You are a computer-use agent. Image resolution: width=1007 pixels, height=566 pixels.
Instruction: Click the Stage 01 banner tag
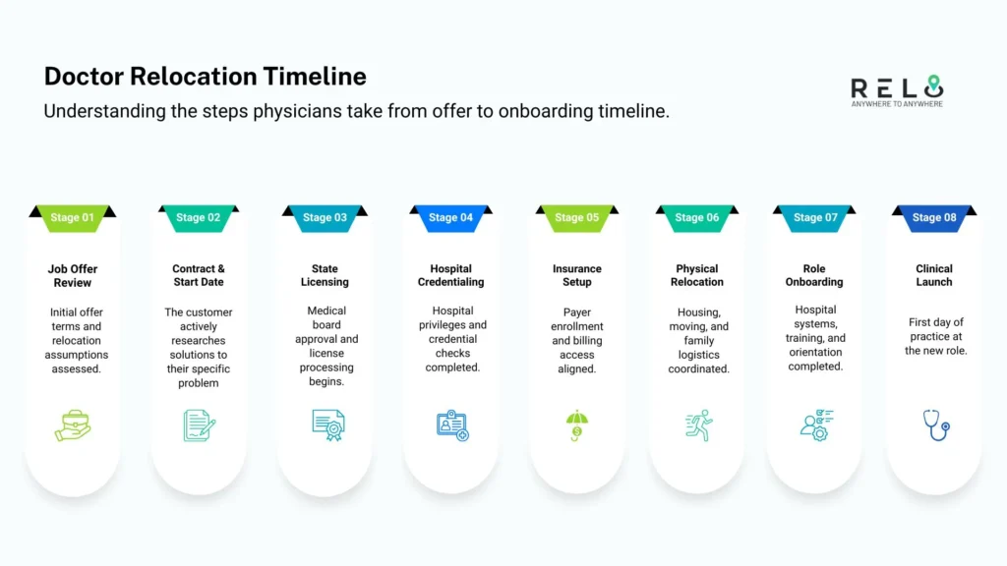(x=73, y=217)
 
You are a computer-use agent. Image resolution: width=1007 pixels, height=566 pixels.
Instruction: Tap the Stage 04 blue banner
(x=450, y=217)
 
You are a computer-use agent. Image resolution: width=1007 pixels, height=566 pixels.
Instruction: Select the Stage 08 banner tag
(x=933, y=217)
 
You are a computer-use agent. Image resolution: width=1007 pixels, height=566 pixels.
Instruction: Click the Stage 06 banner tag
(x=696, y=217)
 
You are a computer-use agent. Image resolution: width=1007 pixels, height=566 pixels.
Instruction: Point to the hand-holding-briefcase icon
(x=73, y=424)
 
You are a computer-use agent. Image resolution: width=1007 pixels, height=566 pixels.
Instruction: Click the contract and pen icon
(x=199, y=424)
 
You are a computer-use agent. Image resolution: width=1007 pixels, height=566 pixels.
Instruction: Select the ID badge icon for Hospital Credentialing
(x=451, y=424)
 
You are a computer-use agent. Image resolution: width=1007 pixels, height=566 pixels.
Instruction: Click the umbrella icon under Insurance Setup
(x=577, y=425)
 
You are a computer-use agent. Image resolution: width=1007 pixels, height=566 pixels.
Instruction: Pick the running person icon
(x=697, y=424)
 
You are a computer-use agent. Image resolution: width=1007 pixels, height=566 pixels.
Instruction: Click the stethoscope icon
(x=935, y=424)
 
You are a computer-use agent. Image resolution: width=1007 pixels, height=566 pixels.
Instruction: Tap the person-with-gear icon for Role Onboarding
(x=816, y=424)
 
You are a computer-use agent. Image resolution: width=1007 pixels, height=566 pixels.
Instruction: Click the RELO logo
(x=896, y=90)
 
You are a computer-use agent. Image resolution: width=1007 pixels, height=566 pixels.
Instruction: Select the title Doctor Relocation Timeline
(x=205, y=77)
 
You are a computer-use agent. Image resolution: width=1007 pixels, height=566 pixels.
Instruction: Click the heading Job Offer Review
(x=73, y=275)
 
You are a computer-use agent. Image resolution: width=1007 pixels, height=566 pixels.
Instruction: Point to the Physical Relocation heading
(x=696, y=275)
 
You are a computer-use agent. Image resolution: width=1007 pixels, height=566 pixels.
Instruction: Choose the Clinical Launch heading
(x=933, y=275)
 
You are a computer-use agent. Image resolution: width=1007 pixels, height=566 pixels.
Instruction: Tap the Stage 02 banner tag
(x=199, y=217)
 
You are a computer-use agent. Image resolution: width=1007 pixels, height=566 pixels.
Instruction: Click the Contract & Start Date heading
(x=199, y=275)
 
